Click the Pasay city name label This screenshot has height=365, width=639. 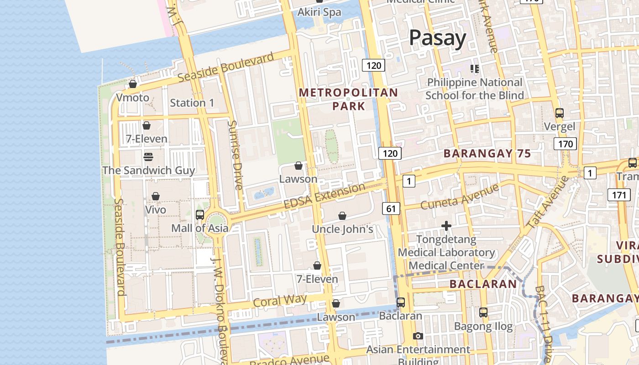point(437,38)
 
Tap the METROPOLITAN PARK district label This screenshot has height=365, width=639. point(348,99)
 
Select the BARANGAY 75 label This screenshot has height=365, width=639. point(487,153)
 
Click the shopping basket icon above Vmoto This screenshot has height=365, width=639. point(133,84)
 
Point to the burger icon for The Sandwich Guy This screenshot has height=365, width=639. point(148,156)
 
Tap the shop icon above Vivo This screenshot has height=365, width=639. point(156,196)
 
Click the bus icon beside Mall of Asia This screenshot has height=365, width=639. point(199,214)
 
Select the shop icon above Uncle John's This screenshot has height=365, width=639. point(342,216)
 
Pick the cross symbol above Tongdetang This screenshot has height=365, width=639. point(446,226)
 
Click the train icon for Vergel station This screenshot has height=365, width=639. point(559,113)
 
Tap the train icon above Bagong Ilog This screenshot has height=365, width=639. point(483,313)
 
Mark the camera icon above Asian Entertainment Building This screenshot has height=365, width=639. point(418,336)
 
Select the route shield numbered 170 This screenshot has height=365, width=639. point(565,144)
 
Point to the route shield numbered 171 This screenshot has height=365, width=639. point(618,195)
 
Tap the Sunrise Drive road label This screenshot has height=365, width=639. point(236,155)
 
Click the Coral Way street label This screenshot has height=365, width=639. point(279,300)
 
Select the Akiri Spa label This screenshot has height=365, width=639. point(319,12)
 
